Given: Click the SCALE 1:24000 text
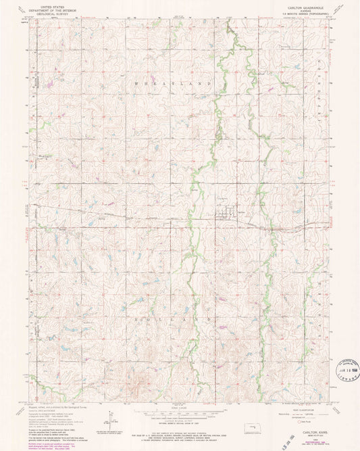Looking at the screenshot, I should tap(180, 408).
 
